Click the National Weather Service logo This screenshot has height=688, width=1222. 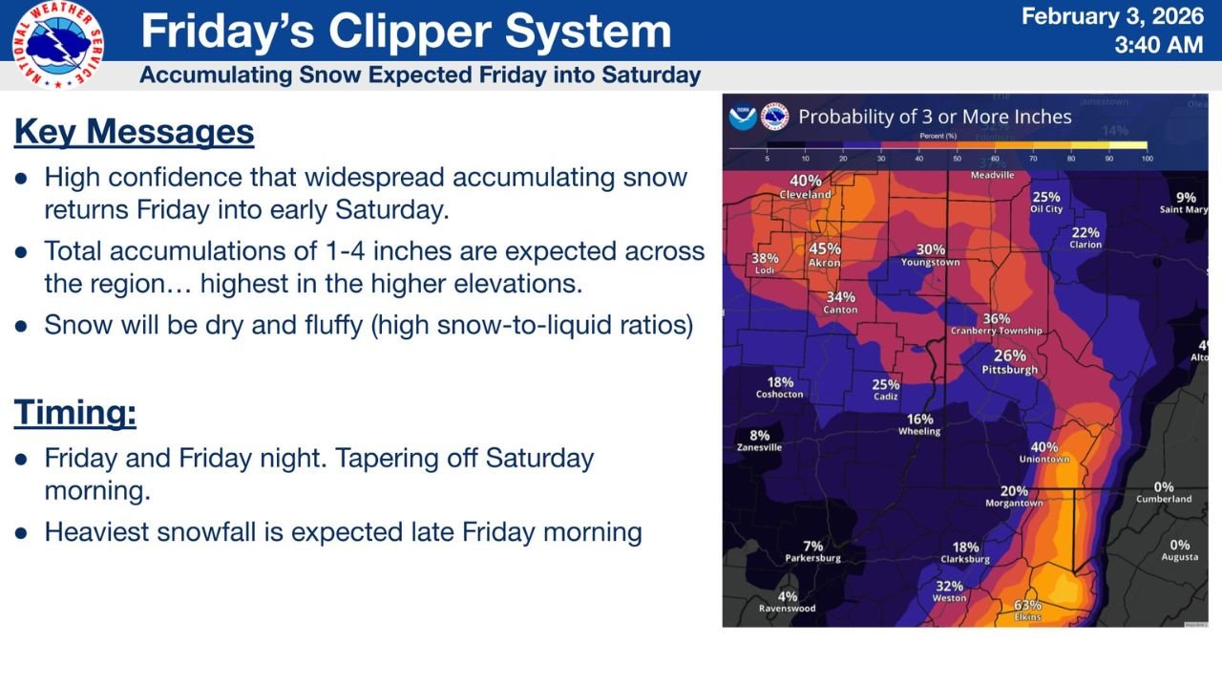(x=58, y=44)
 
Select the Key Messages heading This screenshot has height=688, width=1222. (x=134, y=132)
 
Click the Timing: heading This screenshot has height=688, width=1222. (x=74, y=413)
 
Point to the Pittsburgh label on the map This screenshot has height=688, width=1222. (x=1010, y=370)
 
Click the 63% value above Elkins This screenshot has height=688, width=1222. (x=1027, y=605)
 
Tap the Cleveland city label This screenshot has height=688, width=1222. (x=805, y=194)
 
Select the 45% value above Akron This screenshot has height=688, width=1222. (x=825, y=249)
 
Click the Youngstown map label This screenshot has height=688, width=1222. (x=930, y=263)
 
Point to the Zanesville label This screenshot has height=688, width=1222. (x=759, y=447)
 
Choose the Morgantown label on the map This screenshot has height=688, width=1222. (x=1014, y=504)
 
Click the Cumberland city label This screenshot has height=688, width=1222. (x=1164, y=499)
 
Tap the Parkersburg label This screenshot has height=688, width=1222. (x=812, y=558)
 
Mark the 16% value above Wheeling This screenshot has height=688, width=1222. (x=919, y=419)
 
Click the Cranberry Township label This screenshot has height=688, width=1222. (x=996, y=332)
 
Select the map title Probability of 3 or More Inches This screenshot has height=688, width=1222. (x=935, y=118)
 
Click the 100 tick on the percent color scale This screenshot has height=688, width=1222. (x=1147, y=158)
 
